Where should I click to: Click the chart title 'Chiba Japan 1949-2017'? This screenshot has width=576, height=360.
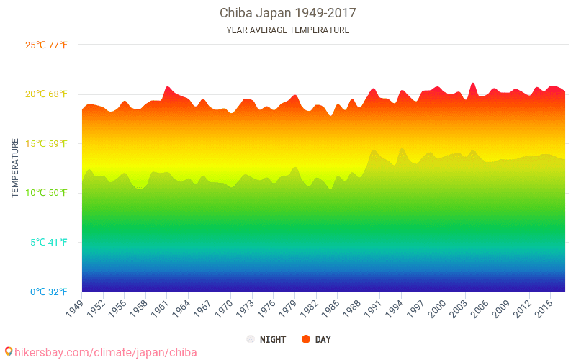pyautogui.click(x=287, y=13)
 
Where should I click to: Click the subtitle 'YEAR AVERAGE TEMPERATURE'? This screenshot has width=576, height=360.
pyautogui.click(x=287, y=30)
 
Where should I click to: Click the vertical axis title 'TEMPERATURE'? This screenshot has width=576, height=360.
pyautogui.click(x=15, y=168)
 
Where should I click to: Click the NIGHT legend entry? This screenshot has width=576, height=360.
pyautogui.click(x=266, y=339)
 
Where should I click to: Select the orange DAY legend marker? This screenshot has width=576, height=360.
pyautogui.click(x=305, y=339)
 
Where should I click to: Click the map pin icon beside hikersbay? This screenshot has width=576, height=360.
pyautogui.click(x=9, y=351)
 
